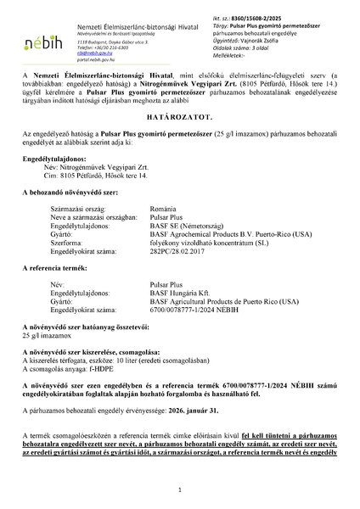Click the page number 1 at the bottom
point(180,491)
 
